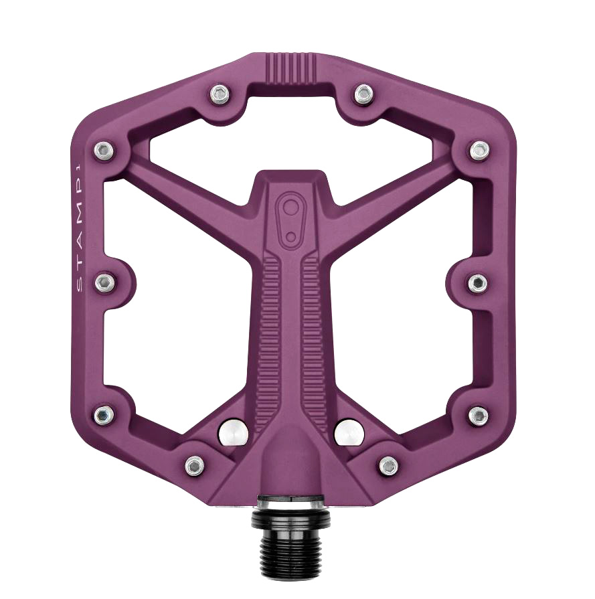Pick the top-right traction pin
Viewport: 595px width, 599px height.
(x=363, y=94)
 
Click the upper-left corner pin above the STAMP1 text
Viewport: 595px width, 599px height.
(x=103, y=151)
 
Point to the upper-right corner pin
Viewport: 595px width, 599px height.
(x=479, y=151)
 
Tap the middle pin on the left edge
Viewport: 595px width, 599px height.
(x=104, y=282)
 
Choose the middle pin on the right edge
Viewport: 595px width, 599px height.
(x=478, y=282)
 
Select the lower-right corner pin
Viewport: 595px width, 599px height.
(x=478, y=415)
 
